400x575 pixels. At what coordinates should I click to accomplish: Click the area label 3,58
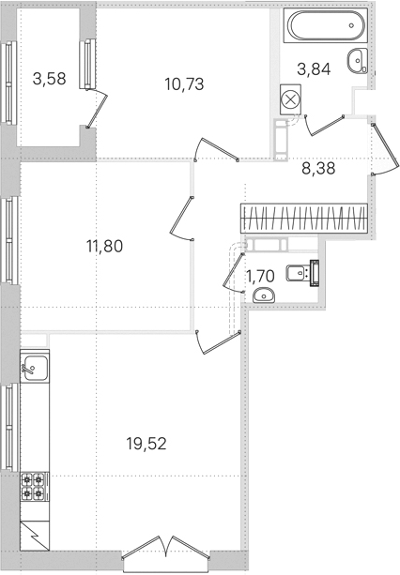click(x=50, y=79)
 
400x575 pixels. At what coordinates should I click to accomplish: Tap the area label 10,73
click(x=184, y=84)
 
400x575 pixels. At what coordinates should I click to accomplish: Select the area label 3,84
click(x=314, y=68)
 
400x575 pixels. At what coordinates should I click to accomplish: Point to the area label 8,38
click(x=318, y=168)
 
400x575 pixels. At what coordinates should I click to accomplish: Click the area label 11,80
click(x=104, y=246)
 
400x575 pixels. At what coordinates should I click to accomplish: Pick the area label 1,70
click(x=260, y=276)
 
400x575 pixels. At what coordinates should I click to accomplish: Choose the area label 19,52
click(x=146, y=444)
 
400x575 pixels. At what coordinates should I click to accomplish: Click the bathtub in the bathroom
click(x=325, y=25)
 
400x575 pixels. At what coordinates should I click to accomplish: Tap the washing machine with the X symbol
click(x=290, y=99)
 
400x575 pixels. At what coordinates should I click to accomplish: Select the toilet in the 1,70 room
click(x=303, y=273)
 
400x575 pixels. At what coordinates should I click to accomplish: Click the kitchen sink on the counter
click(x=34, y=368)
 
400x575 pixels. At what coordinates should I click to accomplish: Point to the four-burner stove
click(x=33, y=486)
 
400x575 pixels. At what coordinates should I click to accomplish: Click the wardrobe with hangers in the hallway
click(x=304, y=219)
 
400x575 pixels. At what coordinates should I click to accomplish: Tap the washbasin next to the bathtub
click(x=357, y=61)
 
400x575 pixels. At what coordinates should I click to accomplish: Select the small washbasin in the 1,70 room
click(x=264, y=295)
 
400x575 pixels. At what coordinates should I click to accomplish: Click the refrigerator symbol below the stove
click(x=35, y=536)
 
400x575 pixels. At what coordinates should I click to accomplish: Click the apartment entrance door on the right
click(x=385, y=149)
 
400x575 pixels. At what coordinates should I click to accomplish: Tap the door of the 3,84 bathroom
click(x=324, y=125)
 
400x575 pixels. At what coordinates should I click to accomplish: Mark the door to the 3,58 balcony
click(x=97, y=109)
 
